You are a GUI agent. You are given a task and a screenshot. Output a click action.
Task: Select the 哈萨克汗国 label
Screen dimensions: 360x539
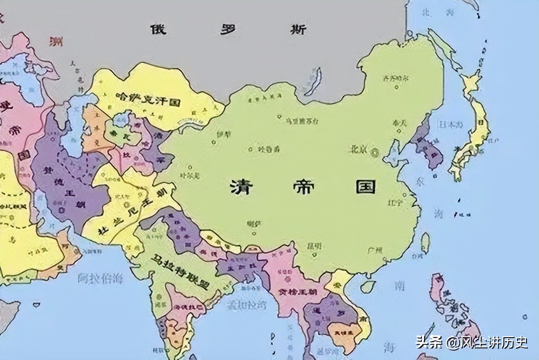point(148,100)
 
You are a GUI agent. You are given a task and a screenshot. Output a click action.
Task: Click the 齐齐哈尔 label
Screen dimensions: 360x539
point(395,79)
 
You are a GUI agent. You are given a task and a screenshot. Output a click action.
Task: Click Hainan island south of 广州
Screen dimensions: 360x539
point(368,286)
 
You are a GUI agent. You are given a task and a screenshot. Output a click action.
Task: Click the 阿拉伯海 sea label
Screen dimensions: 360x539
point(99,279)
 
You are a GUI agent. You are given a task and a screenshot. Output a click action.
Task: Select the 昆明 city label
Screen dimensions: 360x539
point(314,246)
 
